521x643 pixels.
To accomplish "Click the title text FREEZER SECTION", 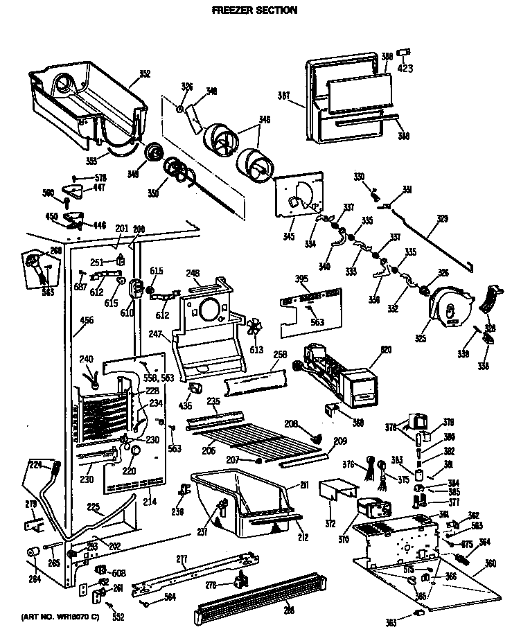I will [x=254, y=10].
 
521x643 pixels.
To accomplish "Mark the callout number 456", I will [x=87, y=319].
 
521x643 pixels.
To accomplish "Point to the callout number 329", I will [x=442, y=219].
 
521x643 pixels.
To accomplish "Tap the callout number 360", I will [x=491, y=563].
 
